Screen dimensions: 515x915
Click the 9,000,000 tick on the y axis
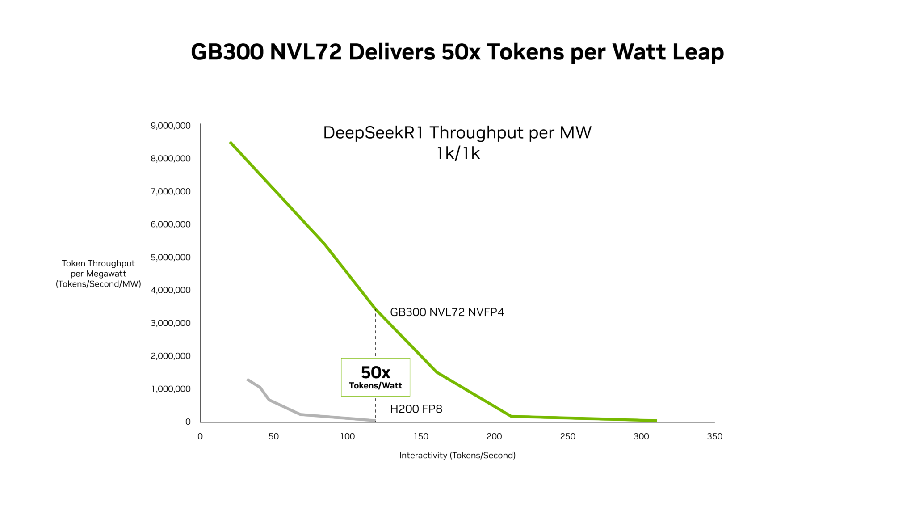point(171,126)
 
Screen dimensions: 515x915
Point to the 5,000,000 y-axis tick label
point(171,257)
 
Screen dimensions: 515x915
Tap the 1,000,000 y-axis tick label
point(171,389)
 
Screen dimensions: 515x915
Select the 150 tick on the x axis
point(421,437)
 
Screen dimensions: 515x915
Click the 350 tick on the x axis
point(714,437)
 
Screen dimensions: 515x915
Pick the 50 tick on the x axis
point(273,437)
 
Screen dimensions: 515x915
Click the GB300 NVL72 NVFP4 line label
point(447,312)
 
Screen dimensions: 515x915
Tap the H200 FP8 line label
point(416,409)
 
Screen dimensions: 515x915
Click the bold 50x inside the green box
point(375,372)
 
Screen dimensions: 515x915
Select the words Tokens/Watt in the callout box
point(375,386)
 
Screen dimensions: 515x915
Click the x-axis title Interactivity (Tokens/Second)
point(457,456)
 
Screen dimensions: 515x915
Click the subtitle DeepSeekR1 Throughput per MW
point(457,133)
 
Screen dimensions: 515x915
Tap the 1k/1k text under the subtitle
point(458,153)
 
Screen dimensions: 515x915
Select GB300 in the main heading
point(227,52)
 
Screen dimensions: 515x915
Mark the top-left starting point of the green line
point(231,143)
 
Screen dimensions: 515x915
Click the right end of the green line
point(655,421)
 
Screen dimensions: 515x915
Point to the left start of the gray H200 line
point(248,380)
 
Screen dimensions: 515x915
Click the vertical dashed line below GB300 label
point(375,340)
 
